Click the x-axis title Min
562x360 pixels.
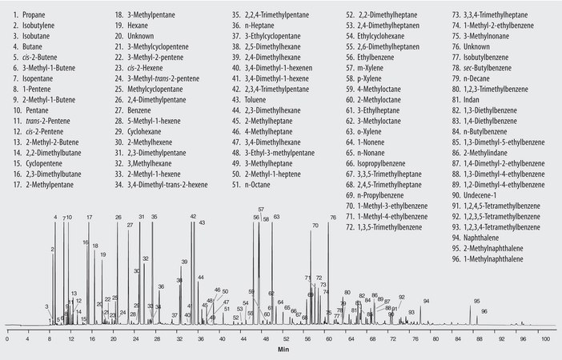click(283, 350)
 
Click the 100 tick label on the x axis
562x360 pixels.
click(544, 339)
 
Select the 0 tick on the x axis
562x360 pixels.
click(7, 339)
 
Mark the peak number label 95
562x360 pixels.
click(476, 302)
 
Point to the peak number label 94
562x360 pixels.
click(427, 301)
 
